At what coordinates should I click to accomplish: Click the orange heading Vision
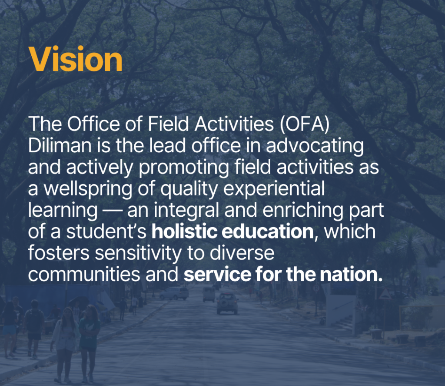76,59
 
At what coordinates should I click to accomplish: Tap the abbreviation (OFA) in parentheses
305,124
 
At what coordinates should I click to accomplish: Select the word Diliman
60,145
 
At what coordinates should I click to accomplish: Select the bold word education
268,232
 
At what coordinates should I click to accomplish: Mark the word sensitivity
138,254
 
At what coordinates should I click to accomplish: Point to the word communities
84,274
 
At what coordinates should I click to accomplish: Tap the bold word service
217,274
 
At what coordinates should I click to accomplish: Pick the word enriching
303,211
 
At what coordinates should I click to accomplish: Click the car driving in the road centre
227,303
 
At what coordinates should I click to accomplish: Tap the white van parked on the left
174,293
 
